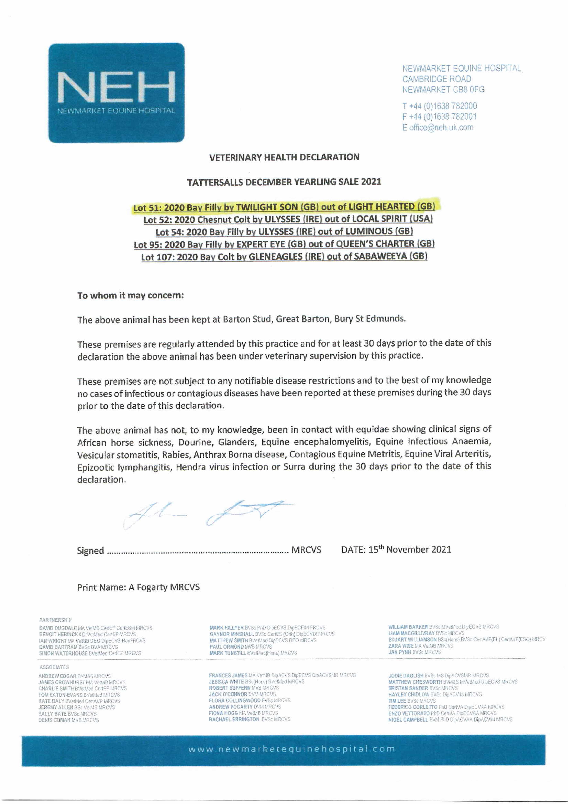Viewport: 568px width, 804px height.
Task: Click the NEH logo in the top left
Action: click(116, 93)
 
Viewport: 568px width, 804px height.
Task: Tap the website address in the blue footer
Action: click(291, 749)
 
